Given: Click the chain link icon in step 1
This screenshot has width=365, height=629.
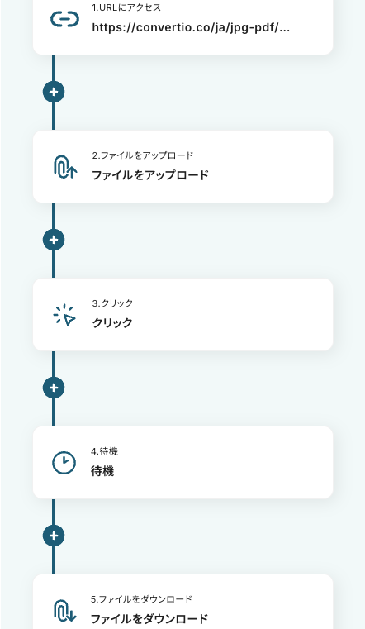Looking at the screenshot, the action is pos(64,19).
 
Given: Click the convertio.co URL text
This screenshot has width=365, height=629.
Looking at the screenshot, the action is pos(191,27).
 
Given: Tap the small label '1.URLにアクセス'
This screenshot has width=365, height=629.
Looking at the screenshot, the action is pos(126,7).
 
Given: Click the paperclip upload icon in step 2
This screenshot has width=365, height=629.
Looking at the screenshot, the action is pos(65,167).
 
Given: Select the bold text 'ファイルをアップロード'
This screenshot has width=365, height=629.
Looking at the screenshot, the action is pos(150,175).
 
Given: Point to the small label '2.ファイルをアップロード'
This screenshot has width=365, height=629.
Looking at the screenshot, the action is pos(143,155).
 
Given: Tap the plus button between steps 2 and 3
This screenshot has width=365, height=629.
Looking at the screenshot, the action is pos(54,240).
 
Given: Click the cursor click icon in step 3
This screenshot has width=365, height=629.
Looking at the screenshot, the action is pos(64,315).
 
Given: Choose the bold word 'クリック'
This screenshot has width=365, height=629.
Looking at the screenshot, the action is pos(112,323).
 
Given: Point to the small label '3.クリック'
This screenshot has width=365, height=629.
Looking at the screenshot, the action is pos(112,303).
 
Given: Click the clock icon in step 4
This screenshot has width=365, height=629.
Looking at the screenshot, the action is pos(64,463).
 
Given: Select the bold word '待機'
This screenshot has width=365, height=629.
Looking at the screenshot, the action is pos(102,471).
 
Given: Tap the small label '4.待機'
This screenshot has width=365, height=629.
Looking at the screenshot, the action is pos(104,451).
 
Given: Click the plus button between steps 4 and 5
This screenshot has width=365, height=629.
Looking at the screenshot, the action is pos(54,536).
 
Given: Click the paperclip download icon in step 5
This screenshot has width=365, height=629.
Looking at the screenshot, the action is pos(65,611).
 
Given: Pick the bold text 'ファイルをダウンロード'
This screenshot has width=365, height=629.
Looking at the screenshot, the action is pos(149,619).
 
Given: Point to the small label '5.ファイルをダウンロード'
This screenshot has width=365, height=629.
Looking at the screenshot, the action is pos(141,599).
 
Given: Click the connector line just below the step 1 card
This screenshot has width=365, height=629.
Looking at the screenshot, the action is pos(54,69).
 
